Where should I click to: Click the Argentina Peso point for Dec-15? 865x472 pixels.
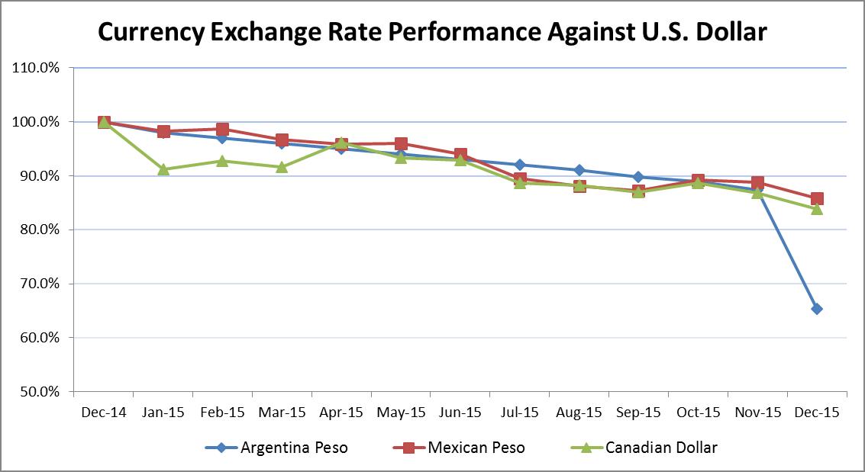click(817, 309)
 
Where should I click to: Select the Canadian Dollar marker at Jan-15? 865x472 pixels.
click(163, 169)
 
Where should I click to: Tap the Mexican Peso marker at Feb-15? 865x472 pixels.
click(222, 130)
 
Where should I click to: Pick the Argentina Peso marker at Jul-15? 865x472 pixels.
click(520, 165)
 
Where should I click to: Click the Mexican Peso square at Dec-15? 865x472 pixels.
click(817, 199)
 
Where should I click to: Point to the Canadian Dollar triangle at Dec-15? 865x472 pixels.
click(817, 208)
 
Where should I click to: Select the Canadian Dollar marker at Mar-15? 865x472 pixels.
click(282, 166)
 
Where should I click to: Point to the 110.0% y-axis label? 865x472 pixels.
click(37, 68)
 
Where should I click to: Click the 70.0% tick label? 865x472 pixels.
click(37, 284)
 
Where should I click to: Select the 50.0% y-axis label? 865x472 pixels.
click(37, 392)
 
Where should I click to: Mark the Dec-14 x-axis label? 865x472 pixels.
click(104, 413)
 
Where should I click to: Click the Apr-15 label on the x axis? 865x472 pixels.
click(341, 413)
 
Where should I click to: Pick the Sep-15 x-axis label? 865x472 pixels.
click(638, 413)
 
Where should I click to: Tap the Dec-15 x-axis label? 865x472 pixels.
click(817, 413)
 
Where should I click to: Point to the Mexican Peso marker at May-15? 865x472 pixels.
click(401, 144)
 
